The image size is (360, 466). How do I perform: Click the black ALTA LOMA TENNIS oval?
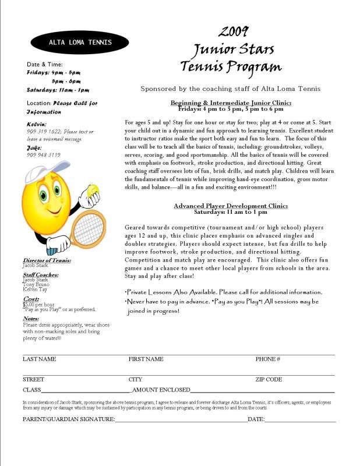pos(79,42)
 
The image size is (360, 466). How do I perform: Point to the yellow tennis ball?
pos(93,190)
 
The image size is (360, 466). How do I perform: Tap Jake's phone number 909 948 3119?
pos(44,155)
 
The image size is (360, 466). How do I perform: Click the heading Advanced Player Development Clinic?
pos(231,206)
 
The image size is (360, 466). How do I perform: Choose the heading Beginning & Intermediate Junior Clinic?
pos(231,103)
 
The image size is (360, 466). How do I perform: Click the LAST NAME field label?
pos(40,359)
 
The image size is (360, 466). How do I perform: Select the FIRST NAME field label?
pos(146,359)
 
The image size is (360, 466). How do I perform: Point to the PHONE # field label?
pos(268,359)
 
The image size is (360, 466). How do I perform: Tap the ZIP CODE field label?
pos(269,379)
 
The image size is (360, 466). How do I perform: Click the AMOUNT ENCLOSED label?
pos(161,389)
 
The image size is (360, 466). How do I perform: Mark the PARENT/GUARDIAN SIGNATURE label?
pos(69,419)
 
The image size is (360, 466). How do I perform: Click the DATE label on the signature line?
pos(256,419)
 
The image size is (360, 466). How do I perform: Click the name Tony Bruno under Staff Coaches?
pos(36,284)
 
